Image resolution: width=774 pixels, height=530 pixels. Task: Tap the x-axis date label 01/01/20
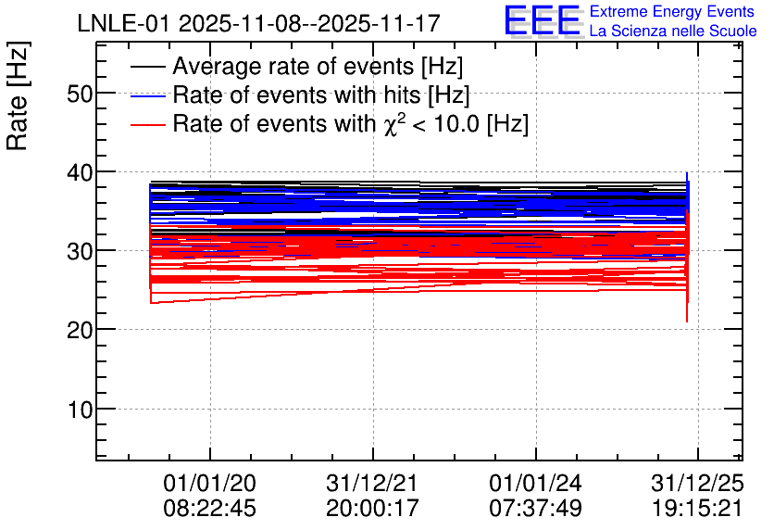(x=209, y=484)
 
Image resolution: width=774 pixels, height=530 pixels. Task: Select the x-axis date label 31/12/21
(x=372, y=484)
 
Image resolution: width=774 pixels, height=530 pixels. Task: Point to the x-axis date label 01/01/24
(x=535, y=484)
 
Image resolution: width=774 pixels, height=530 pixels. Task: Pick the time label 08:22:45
(x=209, y=509)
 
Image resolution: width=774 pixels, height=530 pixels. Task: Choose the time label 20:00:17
(x=372, y=509)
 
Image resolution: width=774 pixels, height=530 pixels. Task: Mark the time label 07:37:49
(x=535, y=509)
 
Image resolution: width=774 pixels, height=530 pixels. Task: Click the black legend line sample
(x=147, y=68)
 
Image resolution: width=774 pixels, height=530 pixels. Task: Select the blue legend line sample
(x=147, y=95)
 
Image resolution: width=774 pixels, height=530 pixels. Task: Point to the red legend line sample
(x=147, y=123)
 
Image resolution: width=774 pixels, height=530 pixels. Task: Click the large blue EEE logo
(x=543, y=21)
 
